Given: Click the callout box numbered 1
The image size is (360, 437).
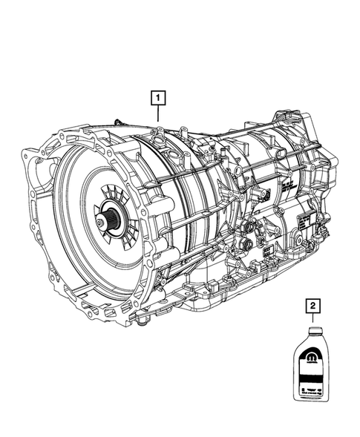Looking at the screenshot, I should click(x=157, y=96).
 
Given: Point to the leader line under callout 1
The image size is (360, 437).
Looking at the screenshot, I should click(x=157, y=112).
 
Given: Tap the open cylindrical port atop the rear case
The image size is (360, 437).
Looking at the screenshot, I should click(x=283, y=119).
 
